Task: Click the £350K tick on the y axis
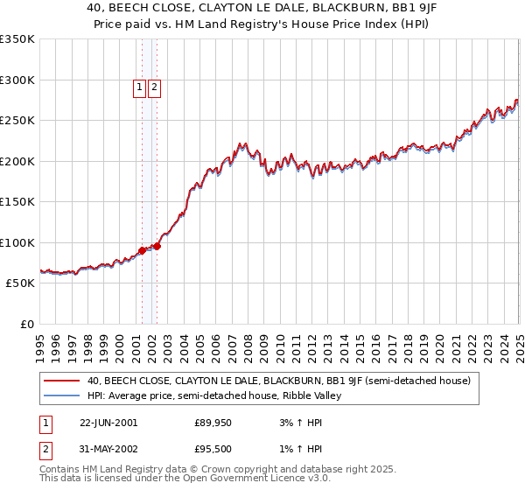[17, 39]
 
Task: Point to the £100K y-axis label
[17, 242]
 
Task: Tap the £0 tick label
[26, 324]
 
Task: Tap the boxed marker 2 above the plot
[154, 87]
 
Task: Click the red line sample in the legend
[59, 381]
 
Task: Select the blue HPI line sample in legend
[59, 396]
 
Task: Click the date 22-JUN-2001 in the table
[108, 423]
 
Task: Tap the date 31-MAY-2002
[108, 451]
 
